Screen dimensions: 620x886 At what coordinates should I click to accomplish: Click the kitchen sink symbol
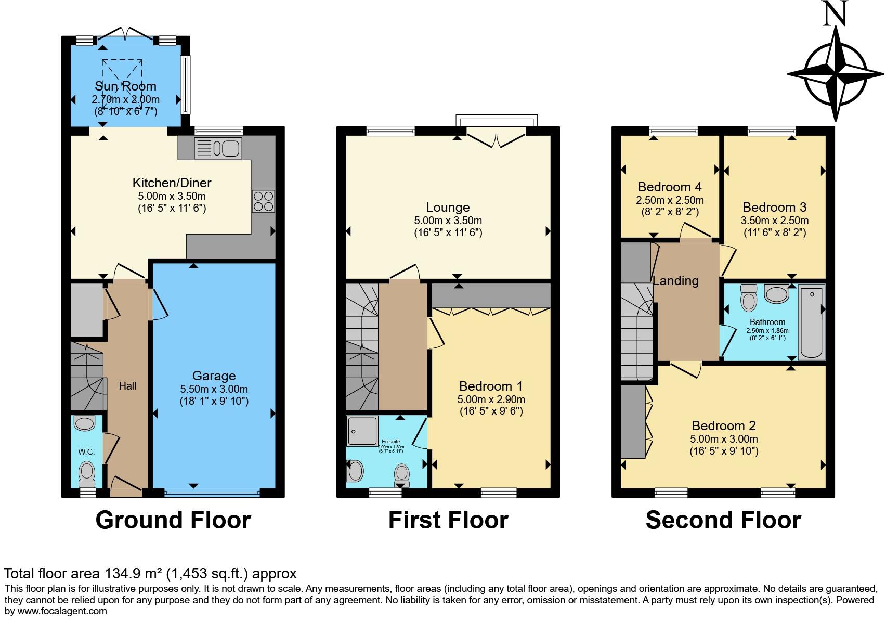[x=218, y=148]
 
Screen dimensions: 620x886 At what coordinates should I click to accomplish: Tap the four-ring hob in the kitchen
[x=263, y=201]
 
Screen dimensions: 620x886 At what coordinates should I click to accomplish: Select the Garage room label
[x=214, y=376]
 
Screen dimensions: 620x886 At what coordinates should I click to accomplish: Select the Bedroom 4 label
[x=670, y=187]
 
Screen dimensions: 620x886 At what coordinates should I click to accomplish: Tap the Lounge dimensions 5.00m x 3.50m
[x=448, y=221]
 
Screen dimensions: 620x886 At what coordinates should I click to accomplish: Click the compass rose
[x=836, y=74]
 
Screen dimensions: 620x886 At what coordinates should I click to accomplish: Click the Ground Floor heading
[x=173, y=520]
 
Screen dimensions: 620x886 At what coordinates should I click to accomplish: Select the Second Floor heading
[x=723, y=520]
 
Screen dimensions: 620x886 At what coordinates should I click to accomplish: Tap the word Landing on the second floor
[x=675, y=281]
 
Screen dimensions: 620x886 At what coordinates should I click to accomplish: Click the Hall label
[x=127, y=386]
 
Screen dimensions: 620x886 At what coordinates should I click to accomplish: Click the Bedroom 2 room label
[x=723, y=425]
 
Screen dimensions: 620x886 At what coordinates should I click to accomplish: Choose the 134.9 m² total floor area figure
[x=132, y=574]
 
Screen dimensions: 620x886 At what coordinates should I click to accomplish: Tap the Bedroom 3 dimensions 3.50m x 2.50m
[x=774, y=221]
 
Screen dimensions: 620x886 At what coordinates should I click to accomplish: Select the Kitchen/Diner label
[x=172, y=183]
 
